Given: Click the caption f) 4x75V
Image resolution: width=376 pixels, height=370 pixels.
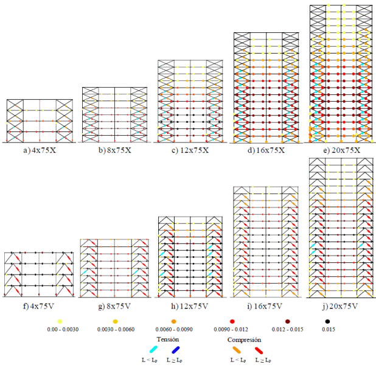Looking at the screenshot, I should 38,305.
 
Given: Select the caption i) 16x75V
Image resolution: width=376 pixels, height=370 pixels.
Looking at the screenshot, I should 265,305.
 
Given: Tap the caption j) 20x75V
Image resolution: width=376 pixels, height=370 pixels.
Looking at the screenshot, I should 341,305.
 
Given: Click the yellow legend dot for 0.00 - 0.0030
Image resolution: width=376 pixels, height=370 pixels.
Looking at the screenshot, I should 60,321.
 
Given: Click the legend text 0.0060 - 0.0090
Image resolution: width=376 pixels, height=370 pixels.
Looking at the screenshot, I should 167,329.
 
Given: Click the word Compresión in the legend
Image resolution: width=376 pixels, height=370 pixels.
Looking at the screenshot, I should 244,340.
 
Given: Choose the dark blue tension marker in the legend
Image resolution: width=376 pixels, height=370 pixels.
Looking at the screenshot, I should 176,349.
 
